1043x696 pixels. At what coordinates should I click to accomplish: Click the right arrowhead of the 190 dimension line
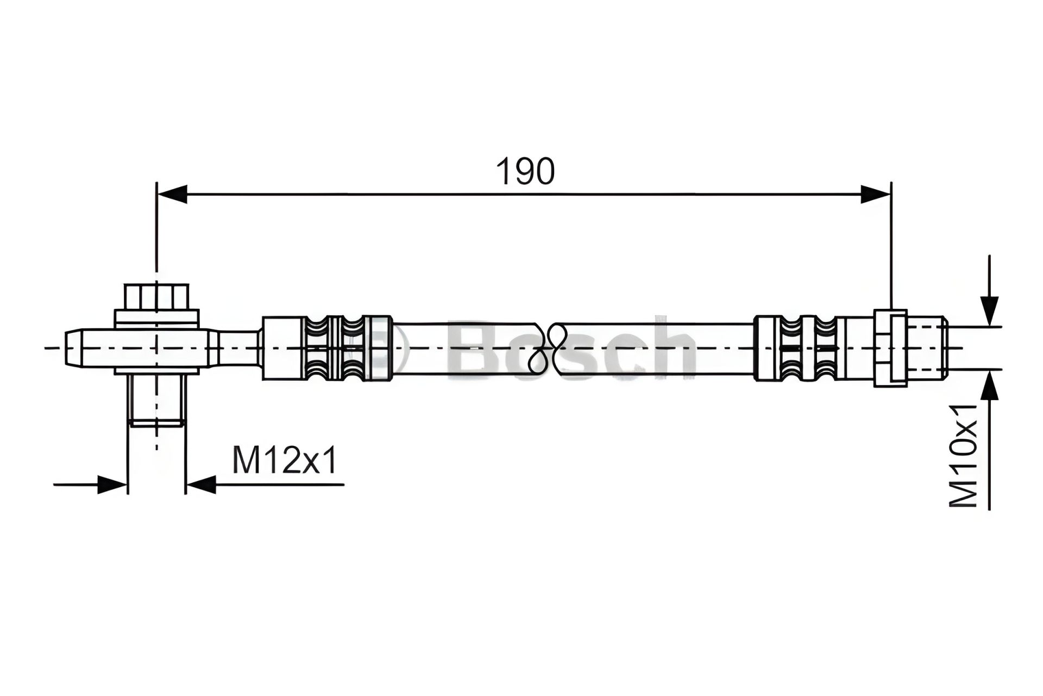click(x=876, y=194)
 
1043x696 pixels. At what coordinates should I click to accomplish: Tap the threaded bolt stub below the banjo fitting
click(x=156, y=401)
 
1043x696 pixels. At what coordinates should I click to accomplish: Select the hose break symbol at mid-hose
click(x=548, y=348)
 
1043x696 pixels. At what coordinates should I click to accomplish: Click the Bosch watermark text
click(x=570, y=348)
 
